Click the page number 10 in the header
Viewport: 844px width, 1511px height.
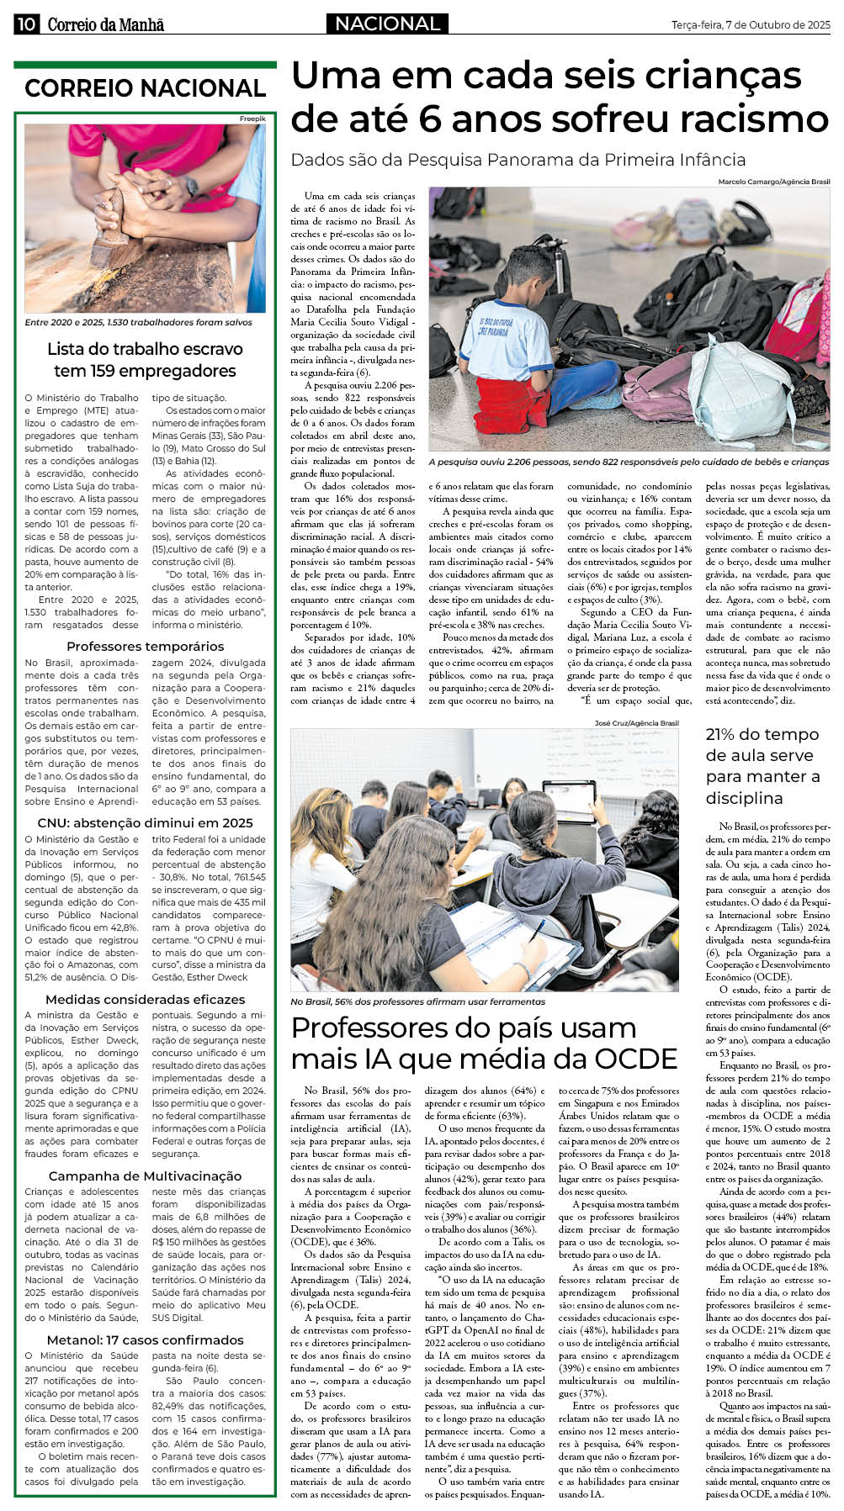(x=25, y=24)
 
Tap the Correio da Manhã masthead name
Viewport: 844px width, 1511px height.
(x=105, y=24)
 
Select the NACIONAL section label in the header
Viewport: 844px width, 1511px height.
(x=387, y=24)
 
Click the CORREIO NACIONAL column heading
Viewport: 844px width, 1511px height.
(x=145, y=88)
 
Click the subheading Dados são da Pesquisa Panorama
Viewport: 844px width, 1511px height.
(x=518, y=160)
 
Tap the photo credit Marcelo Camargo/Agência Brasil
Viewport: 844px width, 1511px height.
(x=773, y=182)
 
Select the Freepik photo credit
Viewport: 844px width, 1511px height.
(x=252, y=119)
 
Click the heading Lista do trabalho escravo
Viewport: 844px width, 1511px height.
(x=145, y=349)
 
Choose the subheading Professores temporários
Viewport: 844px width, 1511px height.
(x=145, y=646)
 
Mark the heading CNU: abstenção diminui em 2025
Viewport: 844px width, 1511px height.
(x=145, y=822)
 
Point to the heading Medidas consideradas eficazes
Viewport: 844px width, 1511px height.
(x=145, y=999)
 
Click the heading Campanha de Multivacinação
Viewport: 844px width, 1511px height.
(x=145, y=1176)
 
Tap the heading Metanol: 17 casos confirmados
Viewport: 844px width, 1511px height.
(x=145, y=1339)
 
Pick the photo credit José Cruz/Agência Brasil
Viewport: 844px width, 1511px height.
(x=636, y=722)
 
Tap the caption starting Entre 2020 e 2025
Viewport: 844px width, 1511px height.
(x=138, y=322)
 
